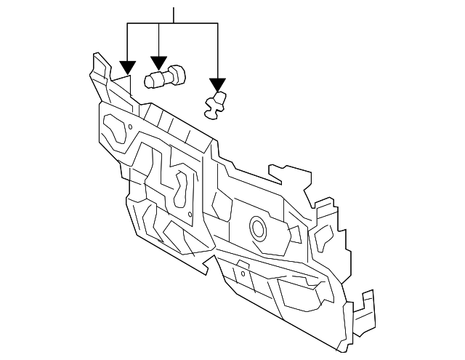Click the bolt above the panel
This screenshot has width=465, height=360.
click(x=165, y=76)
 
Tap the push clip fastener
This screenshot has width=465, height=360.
click(x=214, y=105)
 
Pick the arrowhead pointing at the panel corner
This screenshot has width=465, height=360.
click(x=127, y=66)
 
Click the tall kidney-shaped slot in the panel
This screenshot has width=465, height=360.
click(x=180, y=188)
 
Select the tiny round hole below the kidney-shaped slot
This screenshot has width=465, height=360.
click(x=190, y=214)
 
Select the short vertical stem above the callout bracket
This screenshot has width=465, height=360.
click(x=173, y=15)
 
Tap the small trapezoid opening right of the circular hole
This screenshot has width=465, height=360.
click(x=296, y=234)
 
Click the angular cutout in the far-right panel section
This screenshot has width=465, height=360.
click(x=323, y=237)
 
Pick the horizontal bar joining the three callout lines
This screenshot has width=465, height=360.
click(x=173, y=23)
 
